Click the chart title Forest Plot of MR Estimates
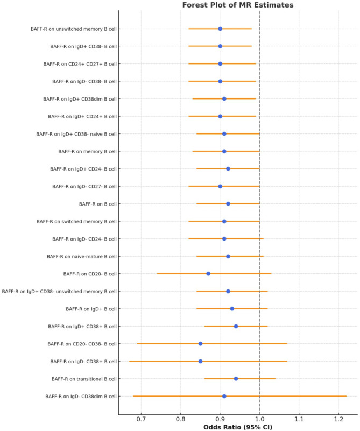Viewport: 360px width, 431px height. click(238, 5)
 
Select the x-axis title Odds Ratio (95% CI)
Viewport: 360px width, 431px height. click(238, 427)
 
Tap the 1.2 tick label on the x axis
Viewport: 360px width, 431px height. click(338, 419)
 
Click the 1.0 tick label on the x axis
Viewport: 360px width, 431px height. click(260, 419)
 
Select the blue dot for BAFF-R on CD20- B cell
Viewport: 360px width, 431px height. click(208, 274)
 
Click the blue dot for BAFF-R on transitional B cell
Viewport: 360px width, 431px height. click(236, 379)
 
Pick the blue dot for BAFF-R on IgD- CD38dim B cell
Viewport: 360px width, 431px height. click(224, 397)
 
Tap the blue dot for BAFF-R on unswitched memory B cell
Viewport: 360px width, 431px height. click(220, 29)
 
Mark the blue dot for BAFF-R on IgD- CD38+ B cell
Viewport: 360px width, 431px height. click(200, 361)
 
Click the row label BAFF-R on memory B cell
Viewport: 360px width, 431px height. click(87, 151)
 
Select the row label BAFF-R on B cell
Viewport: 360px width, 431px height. click(98, 204)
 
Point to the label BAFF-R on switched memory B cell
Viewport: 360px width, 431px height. click(76, 222)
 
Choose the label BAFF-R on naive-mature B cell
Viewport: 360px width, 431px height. click(82, 257)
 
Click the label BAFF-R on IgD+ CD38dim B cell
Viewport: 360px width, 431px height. click(80, 99)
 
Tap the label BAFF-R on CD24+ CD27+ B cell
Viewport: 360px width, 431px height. click(80, 64)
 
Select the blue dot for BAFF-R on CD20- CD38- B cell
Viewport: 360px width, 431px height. click(200, 344)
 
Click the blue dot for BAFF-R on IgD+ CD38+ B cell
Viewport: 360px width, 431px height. click(236, 326)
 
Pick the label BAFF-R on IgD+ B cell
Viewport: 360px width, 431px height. click(91, 309)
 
